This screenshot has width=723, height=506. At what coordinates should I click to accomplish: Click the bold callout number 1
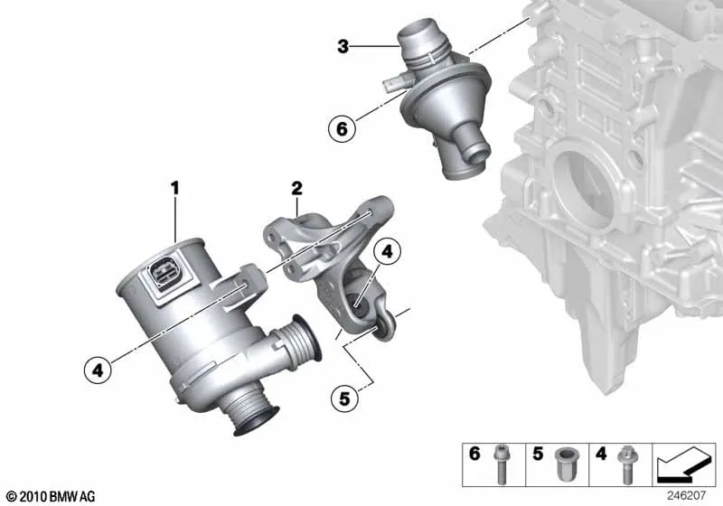[174, 188]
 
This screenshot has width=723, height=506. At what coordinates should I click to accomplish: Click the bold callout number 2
[296, 188]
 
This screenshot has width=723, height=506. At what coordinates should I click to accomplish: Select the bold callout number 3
[343, 47]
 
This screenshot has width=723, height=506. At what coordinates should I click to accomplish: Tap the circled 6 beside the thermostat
[342, 128]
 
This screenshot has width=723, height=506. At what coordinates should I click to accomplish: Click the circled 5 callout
[344, 398]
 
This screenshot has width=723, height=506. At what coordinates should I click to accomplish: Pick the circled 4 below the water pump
[98, 370]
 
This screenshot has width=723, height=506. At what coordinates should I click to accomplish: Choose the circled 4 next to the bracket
[388, 251]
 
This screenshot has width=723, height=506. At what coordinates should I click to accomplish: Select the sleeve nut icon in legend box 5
[564, 463]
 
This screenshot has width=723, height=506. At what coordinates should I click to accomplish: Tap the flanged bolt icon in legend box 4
[626, 464]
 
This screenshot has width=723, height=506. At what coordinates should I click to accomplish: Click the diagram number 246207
[686, 496]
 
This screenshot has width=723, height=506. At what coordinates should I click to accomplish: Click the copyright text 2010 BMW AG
[51, 497]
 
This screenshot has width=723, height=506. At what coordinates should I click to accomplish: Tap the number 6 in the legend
[474, 454]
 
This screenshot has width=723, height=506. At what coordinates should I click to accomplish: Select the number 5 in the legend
[538, 454]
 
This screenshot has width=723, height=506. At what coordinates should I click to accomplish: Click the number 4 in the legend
[601, 454]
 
